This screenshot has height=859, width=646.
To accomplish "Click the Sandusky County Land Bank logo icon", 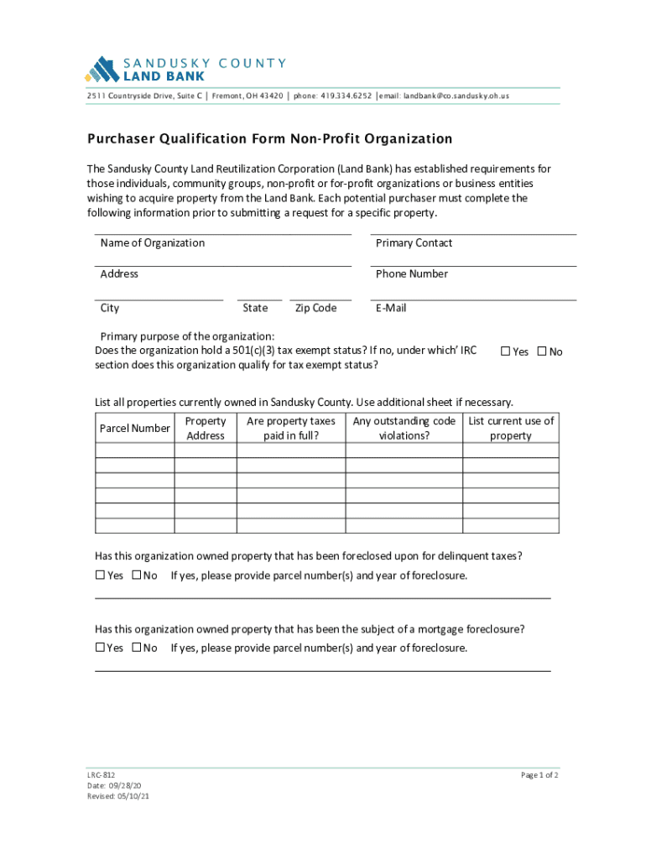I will click(103, 68).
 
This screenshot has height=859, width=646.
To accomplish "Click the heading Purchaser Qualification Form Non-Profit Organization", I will click(270, 139).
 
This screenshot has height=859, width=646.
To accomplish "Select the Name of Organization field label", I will click(152, 243).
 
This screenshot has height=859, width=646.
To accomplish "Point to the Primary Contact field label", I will click(414, 243).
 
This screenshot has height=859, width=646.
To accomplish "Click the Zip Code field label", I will click(315, 308).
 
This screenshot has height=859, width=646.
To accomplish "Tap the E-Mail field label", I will click(391, 308).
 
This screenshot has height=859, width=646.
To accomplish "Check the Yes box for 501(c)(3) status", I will click(506, 351).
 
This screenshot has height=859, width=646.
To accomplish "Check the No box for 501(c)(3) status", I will click(542, 351).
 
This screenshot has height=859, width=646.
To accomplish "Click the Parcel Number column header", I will click(134, 429).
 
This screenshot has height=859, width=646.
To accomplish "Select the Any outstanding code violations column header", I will click(404, 429).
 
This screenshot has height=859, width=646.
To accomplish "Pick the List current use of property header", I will click(511, 429).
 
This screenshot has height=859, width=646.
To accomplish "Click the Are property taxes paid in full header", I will click(290, 429).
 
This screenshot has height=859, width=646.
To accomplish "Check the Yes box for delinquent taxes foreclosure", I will click(100, 575).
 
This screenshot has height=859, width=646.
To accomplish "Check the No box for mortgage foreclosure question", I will click(137, 648).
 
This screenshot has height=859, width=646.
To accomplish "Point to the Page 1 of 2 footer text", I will click(539, 775).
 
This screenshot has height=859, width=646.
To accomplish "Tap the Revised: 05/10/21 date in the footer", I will click(118, 797).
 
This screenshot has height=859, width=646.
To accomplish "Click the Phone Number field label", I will click(411, 274).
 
